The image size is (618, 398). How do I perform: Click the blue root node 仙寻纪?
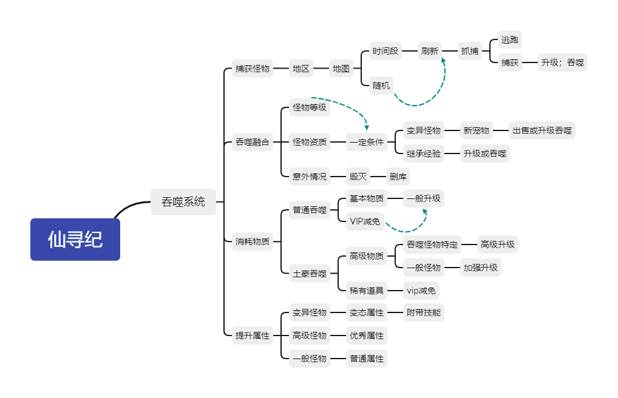75,239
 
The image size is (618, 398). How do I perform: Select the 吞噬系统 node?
183,201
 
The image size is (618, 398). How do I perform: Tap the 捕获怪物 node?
252,69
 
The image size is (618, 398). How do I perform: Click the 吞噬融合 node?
252,143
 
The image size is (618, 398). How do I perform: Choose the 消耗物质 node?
252,242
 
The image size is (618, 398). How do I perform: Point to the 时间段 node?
385,51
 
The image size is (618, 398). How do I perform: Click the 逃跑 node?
509,40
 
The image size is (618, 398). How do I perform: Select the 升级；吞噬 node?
562,62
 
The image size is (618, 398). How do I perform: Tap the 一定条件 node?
367,143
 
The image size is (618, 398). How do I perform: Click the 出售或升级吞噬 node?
542,130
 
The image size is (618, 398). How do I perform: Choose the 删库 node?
398,177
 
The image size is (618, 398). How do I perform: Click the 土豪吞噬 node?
309,274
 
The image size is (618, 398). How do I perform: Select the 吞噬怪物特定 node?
432,245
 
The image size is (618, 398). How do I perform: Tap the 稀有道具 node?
367,291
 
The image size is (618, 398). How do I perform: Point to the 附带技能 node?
424,312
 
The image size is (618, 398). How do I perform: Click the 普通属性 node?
367,359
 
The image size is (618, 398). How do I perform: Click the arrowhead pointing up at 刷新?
443,61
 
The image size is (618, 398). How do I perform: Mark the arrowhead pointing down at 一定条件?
367,127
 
